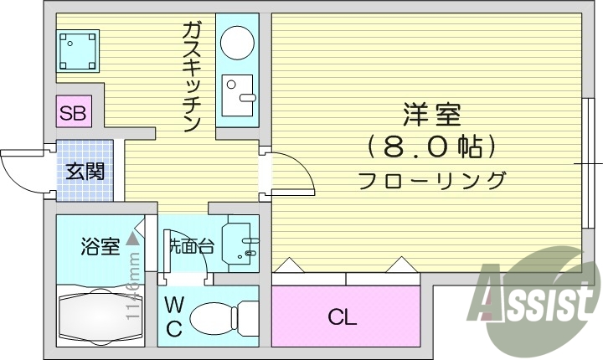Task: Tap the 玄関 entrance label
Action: [x=85, y=172]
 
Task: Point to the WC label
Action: [x=173, y=316]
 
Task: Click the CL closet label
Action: [x=343, y=317]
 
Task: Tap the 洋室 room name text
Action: [x=431, y=114]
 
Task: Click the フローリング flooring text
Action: [x=432, y=179]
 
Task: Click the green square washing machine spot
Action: [x=78, y=50]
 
